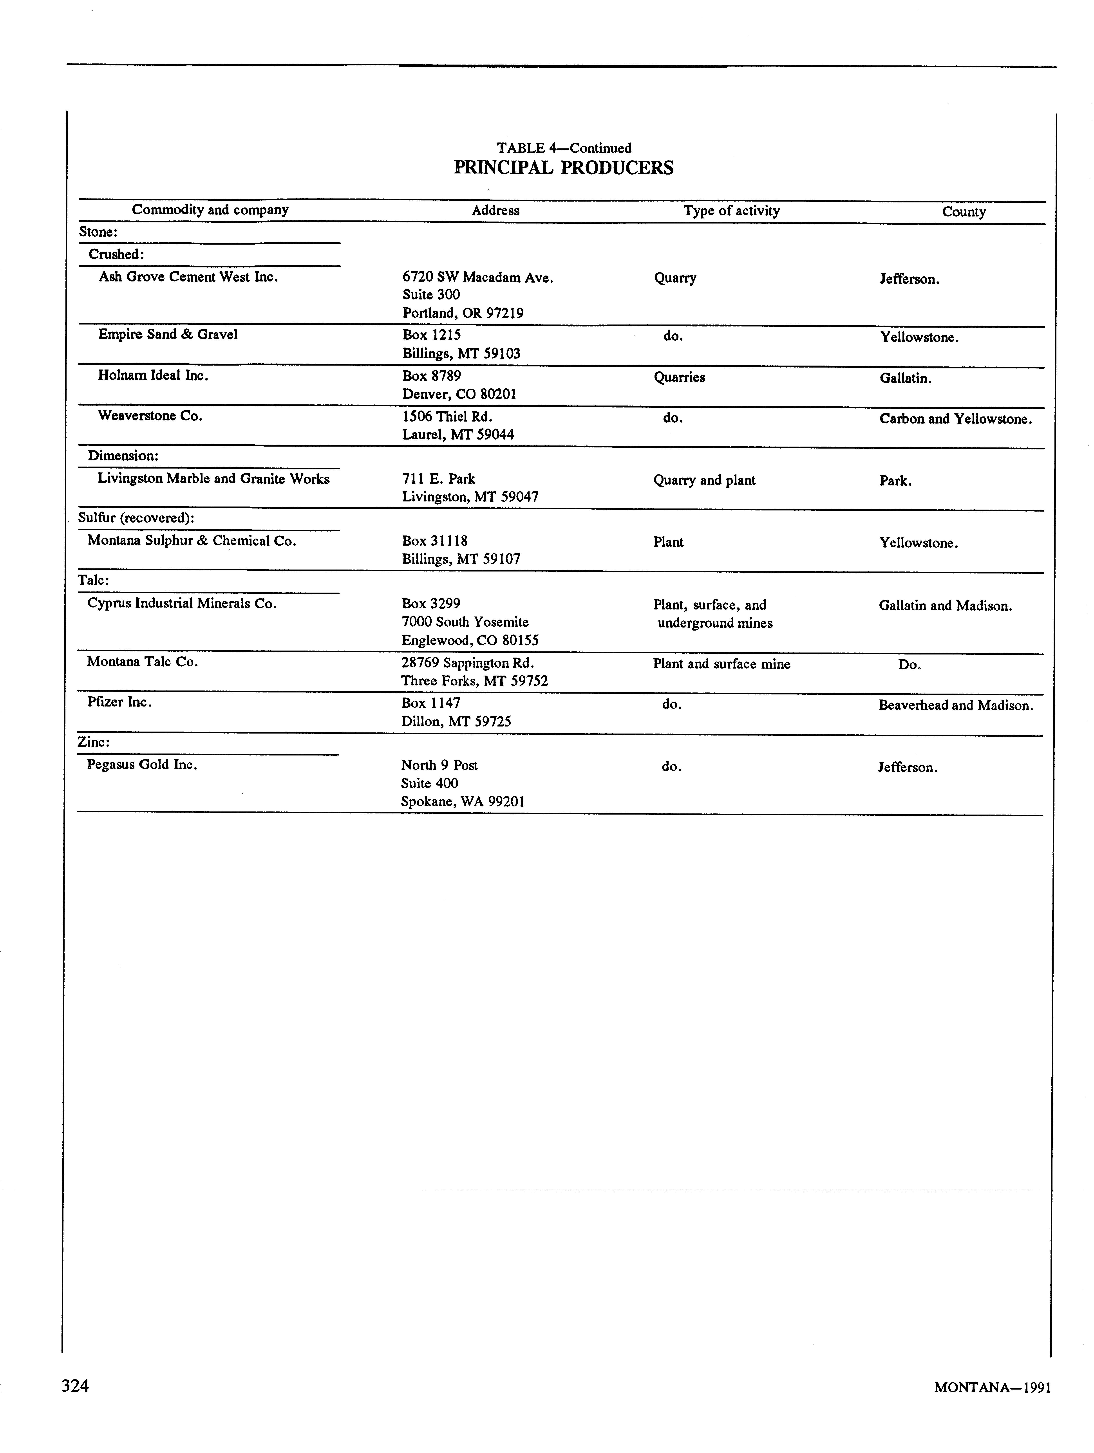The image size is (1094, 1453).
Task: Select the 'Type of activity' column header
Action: click(731, 211)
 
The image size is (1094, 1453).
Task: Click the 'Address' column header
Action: click(495, 210)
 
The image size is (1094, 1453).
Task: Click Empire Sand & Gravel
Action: click(168, 334)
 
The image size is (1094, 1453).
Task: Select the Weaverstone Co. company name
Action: click(150, 416)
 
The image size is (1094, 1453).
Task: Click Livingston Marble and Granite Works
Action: click(213, 479)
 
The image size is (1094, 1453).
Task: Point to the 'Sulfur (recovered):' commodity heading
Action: click(136, 518)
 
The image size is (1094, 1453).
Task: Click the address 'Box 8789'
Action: click(432, 376)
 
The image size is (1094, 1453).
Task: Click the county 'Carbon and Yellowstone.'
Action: click(955, 419)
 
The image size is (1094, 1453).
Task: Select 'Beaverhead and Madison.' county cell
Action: click(955, 705)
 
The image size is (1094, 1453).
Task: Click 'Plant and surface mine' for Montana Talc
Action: click(721, 664)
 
